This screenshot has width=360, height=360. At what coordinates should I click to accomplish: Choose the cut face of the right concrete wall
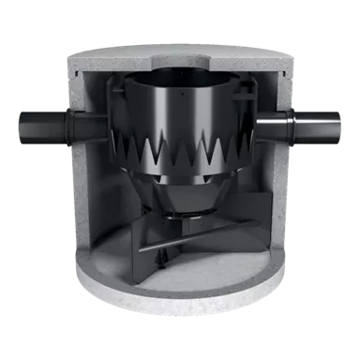point(281,187)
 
